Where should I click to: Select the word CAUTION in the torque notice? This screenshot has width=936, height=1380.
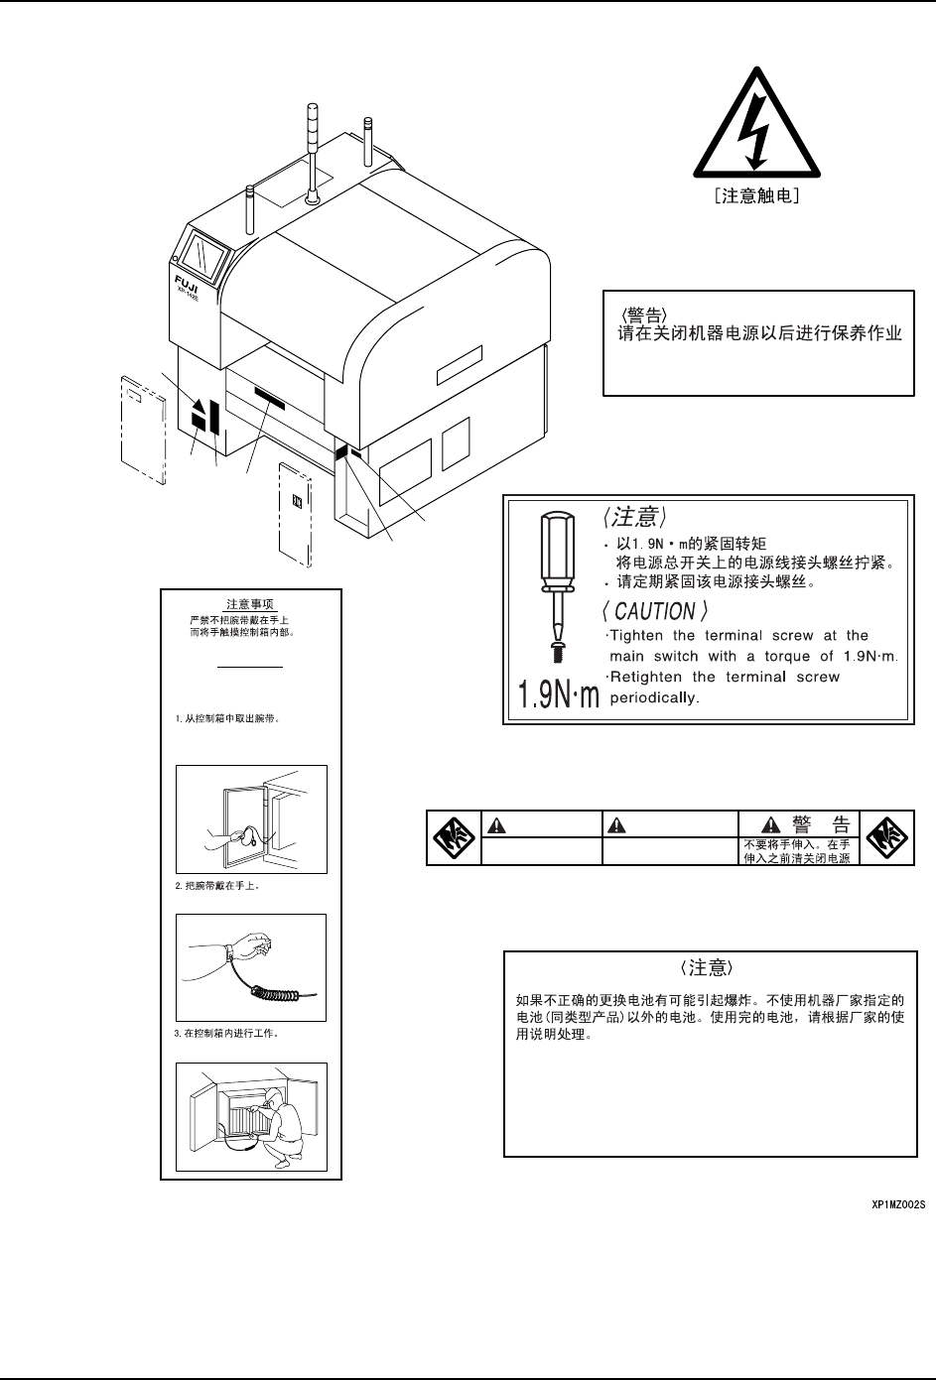pos(654,612)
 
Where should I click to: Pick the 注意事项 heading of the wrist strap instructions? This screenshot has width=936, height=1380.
pos(251,603)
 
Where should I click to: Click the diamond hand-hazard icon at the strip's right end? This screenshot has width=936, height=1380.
pos(885,838)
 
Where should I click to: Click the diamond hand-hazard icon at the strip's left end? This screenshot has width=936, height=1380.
pos(454,838)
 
